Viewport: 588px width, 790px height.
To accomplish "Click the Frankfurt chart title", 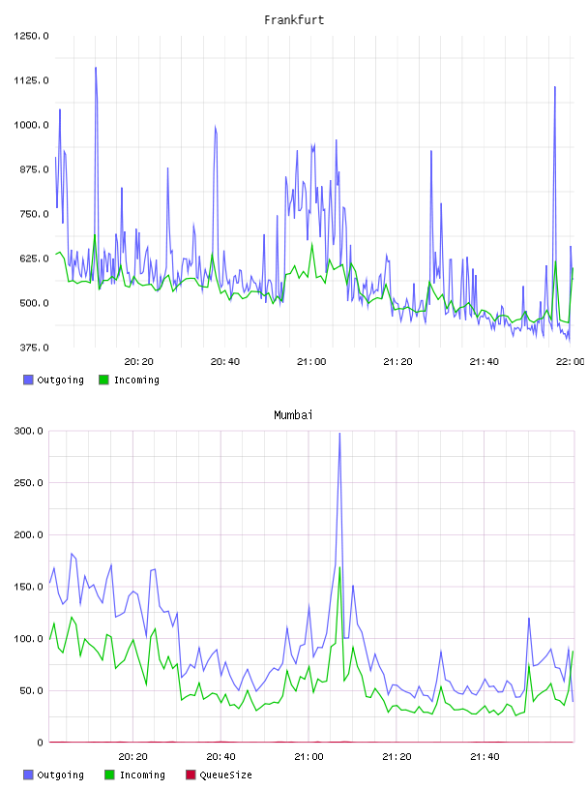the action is (x=294, y=19).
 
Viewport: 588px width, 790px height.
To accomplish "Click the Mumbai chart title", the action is (x=293, y=414).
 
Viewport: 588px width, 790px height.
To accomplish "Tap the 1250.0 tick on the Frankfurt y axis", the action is (x=31, y=36).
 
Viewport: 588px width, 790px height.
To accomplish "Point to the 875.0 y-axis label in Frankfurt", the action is (x=31, y=169).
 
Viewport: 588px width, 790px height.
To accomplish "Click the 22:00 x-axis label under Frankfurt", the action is (x=570, y=361).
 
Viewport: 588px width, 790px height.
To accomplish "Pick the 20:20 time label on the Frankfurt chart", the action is (x=138, y=361).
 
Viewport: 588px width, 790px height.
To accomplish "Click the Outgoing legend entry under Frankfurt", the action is (x=54, y=380).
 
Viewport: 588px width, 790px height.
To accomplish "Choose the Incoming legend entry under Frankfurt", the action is (x=130, y=380).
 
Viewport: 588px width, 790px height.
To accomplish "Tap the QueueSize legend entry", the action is (x=219, y=775).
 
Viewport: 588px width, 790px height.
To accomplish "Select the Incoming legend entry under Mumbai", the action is (x=135, y=775).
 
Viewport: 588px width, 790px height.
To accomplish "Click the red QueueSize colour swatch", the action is (x=191, y=775).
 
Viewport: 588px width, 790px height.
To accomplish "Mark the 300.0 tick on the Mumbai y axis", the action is (x=28, y=431).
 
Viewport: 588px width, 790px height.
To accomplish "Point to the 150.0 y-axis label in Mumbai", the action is (x=28, y=587).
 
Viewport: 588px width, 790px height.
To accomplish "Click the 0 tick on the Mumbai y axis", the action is (x=40, y=743).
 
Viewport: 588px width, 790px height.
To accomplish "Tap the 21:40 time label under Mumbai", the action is (x=485, y=756).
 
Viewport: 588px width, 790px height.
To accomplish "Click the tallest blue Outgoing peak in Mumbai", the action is (x=339, y=434).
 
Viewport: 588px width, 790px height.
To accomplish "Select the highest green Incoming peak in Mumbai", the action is (x=339, y=567).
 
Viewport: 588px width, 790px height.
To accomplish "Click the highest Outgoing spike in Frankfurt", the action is (x=96, y=68).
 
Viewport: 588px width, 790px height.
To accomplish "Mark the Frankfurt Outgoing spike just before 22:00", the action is (x=555, y=87).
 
